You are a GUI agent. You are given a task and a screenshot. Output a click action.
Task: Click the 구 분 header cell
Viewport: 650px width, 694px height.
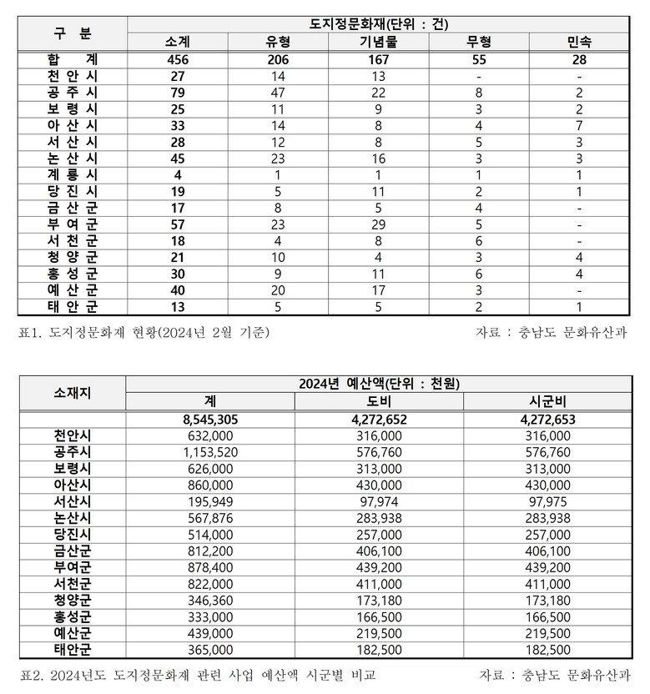[x=73, y=33]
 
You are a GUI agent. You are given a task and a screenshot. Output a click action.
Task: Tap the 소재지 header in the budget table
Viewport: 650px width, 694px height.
[x=73, y=392]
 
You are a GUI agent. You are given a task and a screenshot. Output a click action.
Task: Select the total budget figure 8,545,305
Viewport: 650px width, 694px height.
[x=209, y=420]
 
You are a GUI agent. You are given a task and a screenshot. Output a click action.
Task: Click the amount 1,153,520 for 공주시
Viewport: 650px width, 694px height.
[x=209, y=453]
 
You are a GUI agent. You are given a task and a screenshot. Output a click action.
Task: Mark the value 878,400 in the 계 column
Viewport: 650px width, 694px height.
[x=209, y=569]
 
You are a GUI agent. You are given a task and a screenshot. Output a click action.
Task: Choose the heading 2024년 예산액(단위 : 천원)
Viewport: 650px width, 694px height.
[x=379, y=384]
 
